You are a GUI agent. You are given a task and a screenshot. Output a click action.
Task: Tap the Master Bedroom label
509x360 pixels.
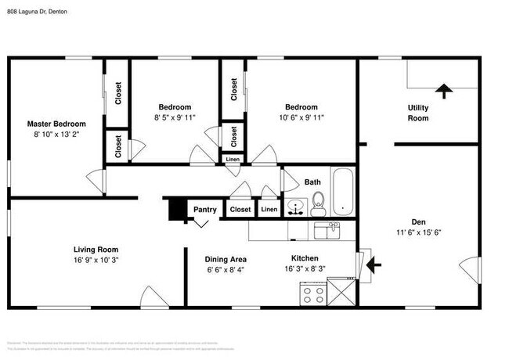click(x=56, y=124)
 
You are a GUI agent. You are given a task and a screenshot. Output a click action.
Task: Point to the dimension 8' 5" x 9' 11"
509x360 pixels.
click(x=175, y=117)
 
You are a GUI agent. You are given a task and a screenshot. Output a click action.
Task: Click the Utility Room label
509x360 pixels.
click(x=418, y=113)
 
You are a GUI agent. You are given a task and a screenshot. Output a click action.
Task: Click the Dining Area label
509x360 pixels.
click(x=226, y=259)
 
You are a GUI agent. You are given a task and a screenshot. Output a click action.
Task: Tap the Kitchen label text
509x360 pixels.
click(x=305, y=257)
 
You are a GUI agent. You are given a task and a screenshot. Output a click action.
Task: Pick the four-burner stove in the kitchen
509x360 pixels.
click(x=314, y=295)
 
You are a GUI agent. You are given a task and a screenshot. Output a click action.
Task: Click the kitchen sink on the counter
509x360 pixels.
click(x=327, y=229)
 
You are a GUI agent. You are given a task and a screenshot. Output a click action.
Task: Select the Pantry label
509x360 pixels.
click(x=204, y=209)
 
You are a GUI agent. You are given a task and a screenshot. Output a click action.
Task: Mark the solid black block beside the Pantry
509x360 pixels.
click(x=176, y=210)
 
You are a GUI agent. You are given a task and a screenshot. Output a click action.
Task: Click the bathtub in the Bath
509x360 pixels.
click(x=343, y=193)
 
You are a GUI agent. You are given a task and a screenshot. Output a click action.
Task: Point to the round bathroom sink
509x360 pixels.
click(x=295, y=207)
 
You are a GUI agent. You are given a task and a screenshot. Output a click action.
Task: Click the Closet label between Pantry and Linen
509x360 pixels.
click(x=240, y=209)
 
